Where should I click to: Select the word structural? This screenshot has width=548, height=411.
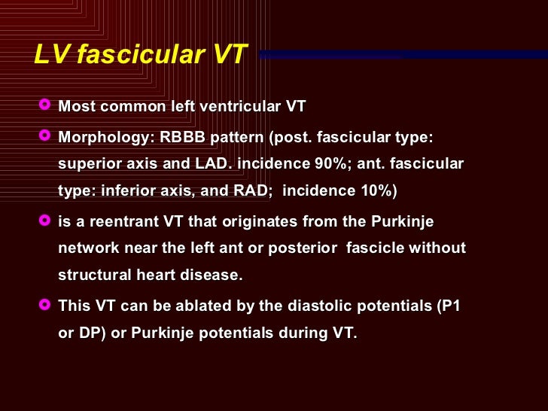tap(93, 276)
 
